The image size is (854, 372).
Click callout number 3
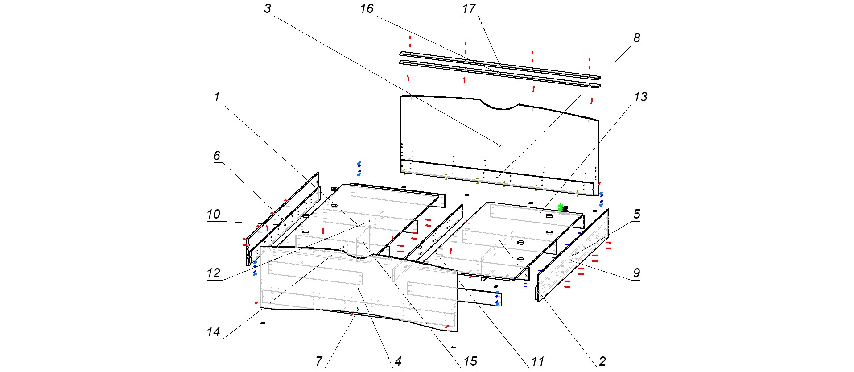[x=268, y=9]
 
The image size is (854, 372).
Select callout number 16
[x=367, y=9]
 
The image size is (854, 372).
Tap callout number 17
[x=469, y=9]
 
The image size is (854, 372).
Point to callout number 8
[x=636, y=38]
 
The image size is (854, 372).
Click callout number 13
[x=640, y=97]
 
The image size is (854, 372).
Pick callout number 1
[x=217, y=97]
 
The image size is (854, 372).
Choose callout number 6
[x=217, y=156]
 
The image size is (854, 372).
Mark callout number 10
[x=214, y=215]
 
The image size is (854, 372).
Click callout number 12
[x=214, y=273]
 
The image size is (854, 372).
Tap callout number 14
[x=214, y=332]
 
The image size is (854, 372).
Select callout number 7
[x=319, y=362]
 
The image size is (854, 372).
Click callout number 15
[x=470, y=362]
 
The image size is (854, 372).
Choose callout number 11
[x=538, y=362]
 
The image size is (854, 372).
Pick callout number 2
[x=602, y=362]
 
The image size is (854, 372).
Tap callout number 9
[x=636, y=273]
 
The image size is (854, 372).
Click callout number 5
[x=637, y=215]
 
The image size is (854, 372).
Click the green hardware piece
[x=561, y=207]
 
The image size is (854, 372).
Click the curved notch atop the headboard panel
[x=501, y=106]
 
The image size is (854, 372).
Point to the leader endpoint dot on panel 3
[x=499, y=145]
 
